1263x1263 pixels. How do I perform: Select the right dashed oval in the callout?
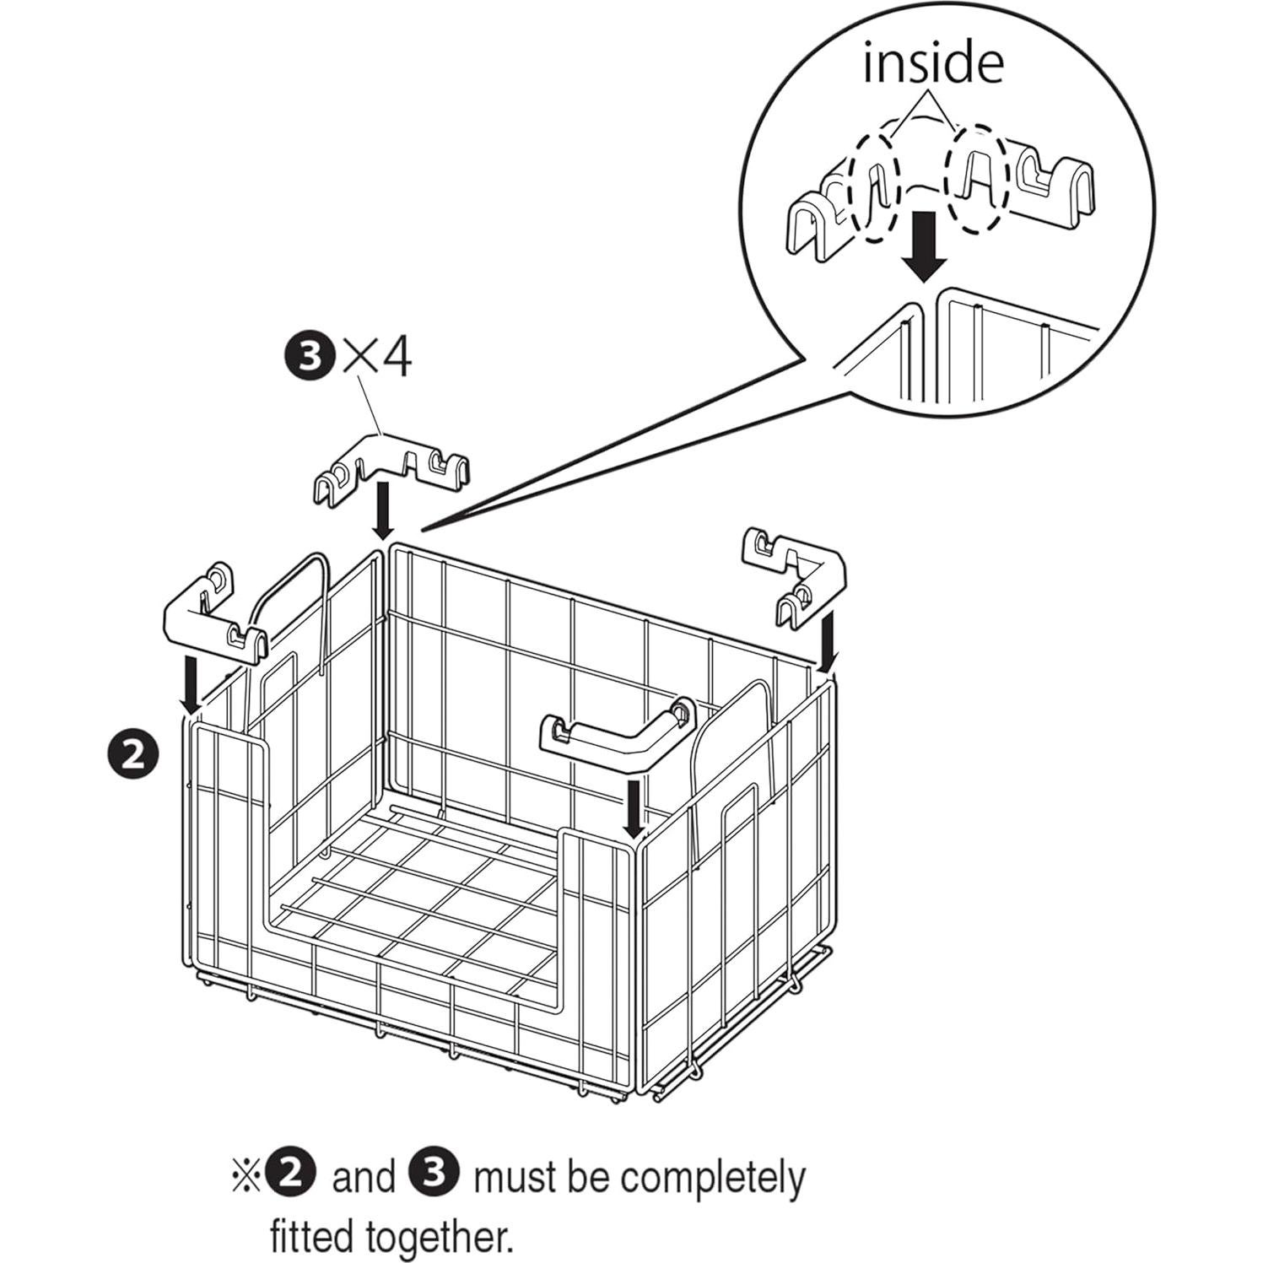978,179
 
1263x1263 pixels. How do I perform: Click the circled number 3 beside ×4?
310,359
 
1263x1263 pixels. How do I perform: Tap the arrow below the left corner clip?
193,684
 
